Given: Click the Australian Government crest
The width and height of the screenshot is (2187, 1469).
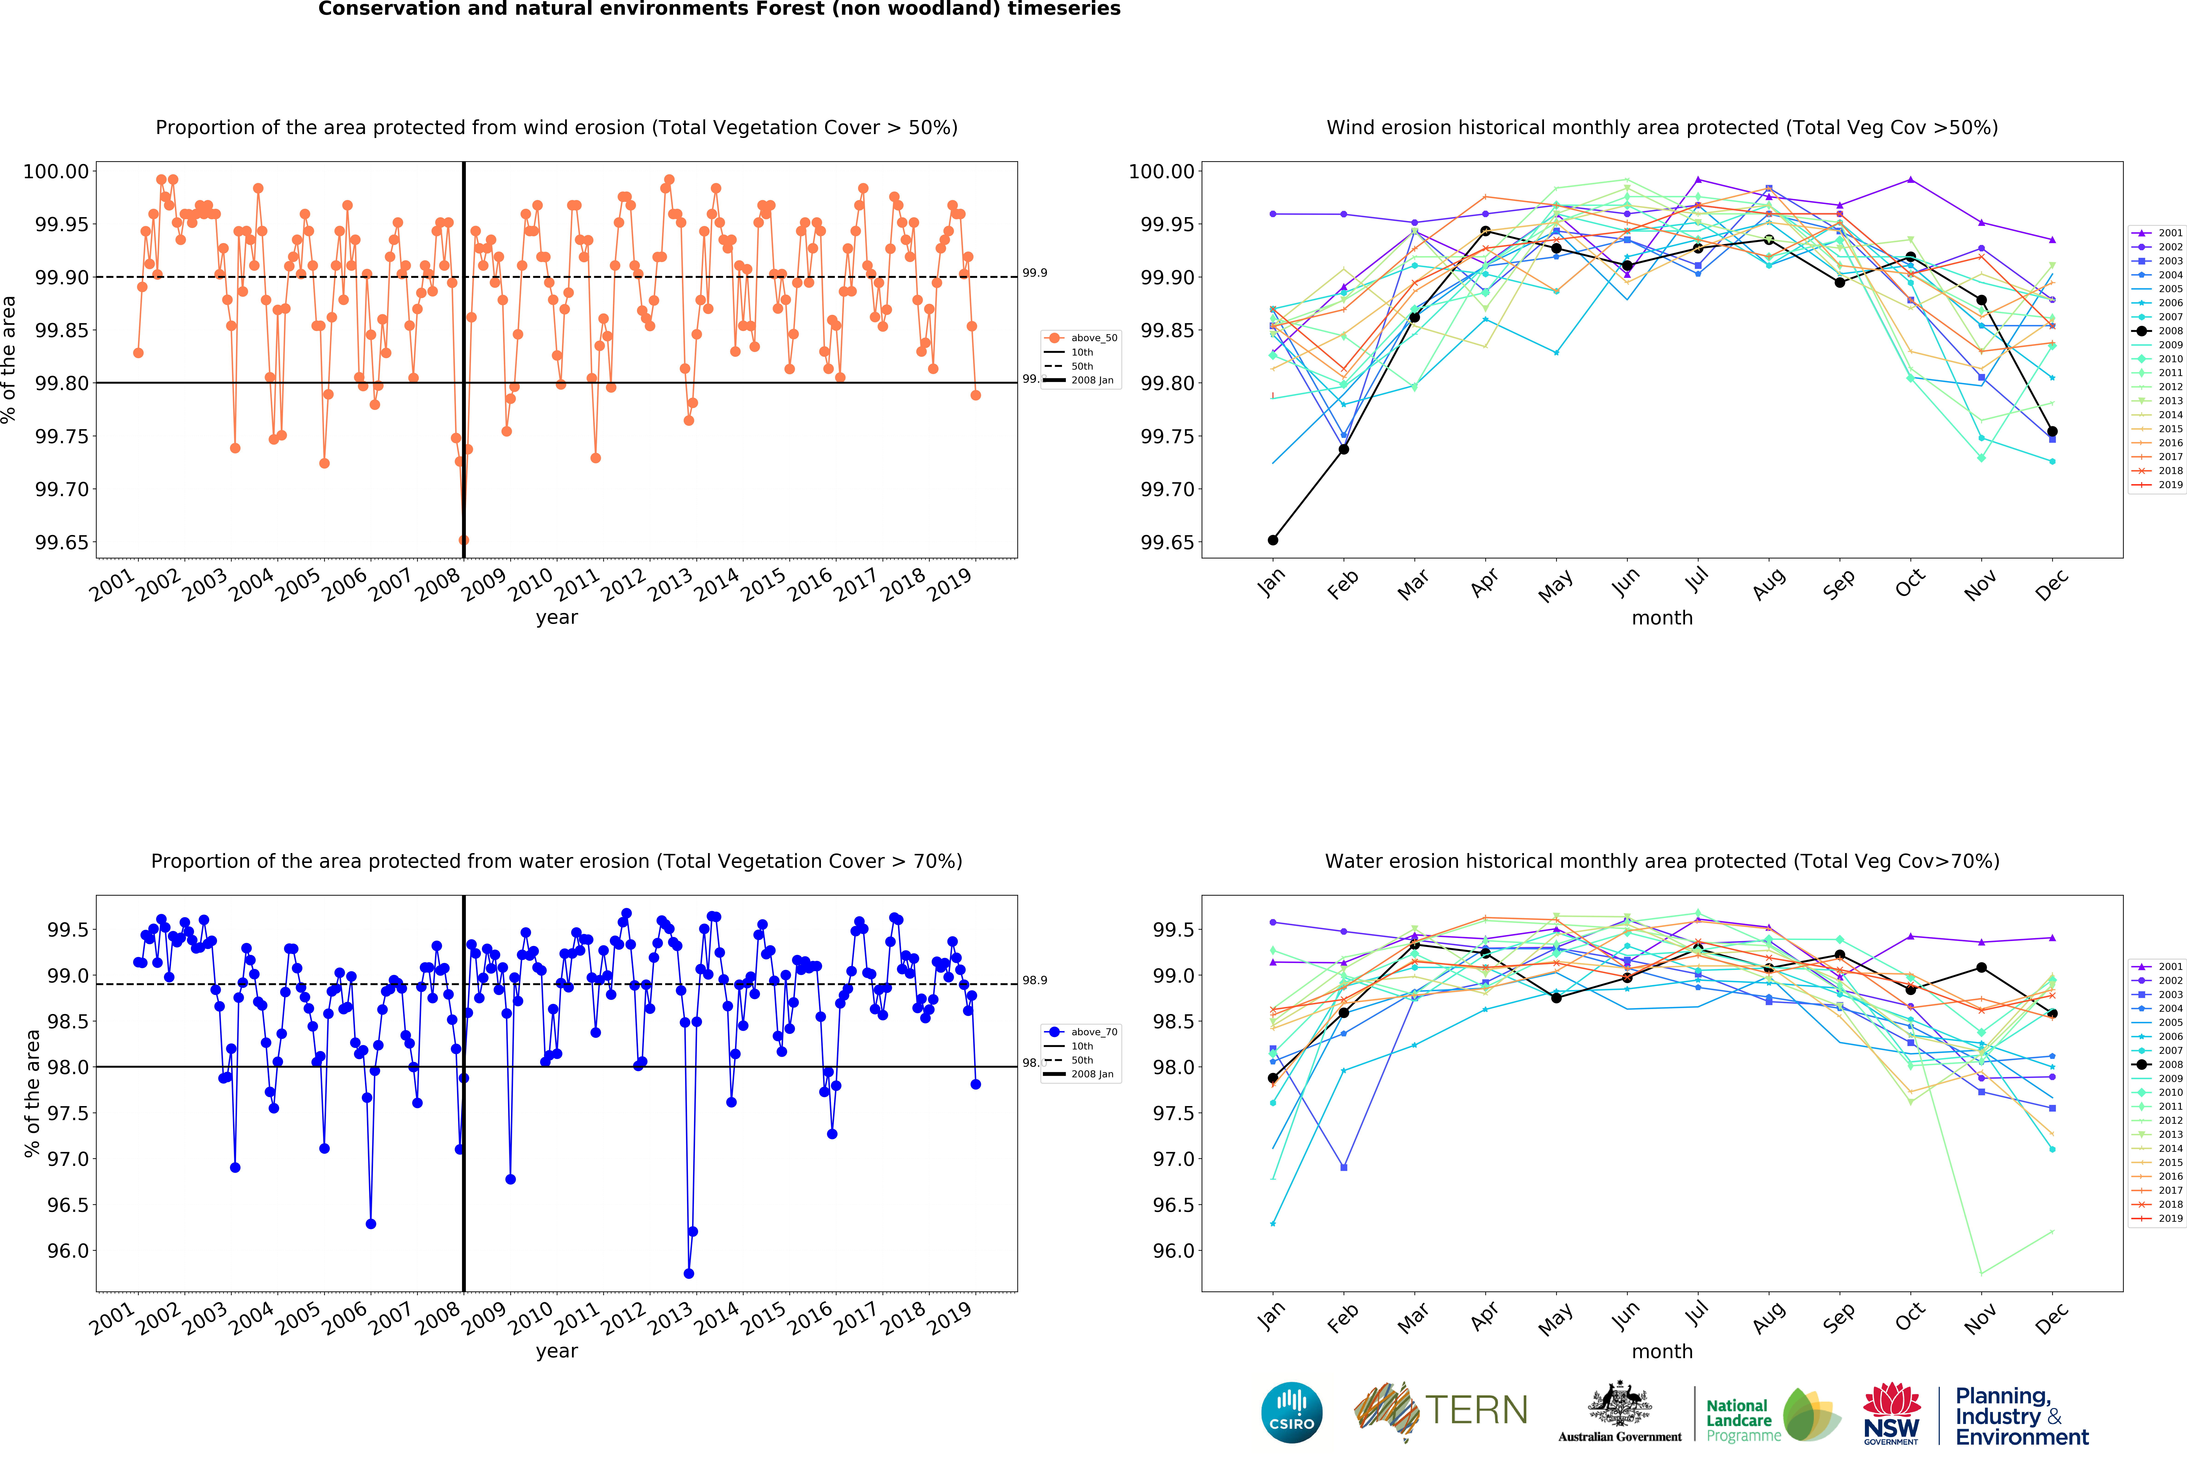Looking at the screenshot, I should tap(1619, 1405).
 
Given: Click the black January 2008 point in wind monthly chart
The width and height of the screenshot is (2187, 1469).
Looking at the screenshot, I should tap(1272, 540).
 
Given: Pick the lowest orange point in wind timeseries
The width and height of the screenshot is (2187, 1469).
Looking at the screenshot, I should tap(464, 540).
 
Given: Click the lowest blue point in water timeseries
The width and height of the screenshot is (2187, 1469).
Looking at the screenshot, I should tap(689, 1274).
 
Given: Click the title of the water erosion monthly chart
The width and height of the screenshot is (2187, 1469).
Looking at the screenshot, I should tap(1661, 861).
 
